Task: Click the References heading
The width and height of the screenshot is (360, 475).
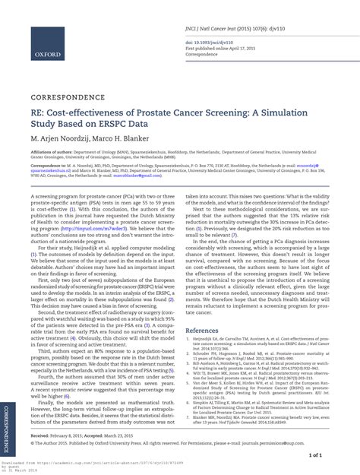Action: tap(207, 331)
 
